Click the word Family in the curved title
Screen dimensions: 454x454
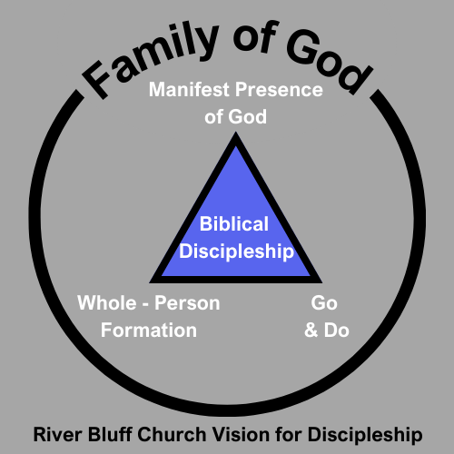(x=152, y=59)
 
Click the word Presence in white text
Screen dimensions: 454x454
(x=279, y=90)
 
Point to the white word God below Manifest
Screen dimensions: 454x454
(x=247, y=117)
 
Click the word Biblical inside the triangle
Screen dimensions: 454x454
(x=234, y=224)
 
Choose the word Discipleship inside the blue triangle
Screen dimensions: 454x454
(x=236, y=252)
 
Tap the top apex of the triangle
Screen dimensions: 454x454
(x=236, y=133)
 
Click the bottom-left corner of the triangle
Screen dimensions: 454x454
(x=150, y=283)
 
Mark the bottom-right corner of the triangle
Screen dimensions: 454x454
(x=322, y=283)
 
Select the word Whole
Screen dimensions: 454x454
(x=107, y=302)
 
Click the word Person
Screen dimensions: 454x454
(x=187, y=303)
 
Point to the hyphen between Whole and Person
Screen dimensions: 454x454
(x=145, y=305)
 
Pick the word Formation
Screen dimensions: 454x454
(x=149, y=330)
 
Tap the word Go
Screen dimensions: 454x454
(x=324, y=303)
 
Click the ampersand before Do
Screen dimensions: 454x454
(x=311, y=330)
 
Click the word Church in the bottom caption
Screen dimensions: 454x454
(x=172, y=435)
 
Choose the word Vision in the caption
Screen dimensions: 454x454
(x=241, y=435)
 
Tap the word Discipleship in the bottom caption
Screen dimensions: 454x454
(x=365, y=435)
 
